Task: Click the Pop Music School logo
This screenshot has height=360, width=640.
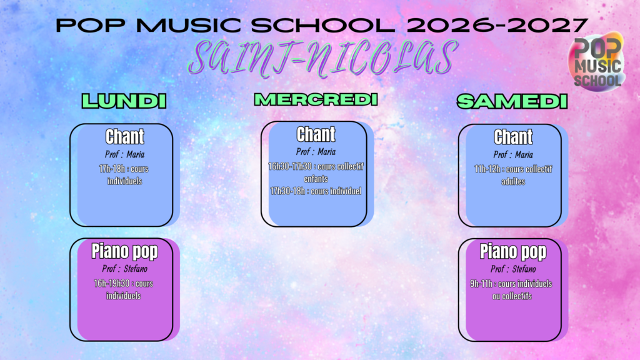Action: pos(596,62)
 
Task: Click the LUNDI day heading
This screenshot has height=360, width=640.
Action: pos(124,101)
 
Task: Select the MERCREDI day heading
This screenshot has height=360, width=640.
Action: pos(316,99)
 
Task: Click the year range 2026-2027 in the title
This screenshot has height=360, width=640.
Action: pos(497,25)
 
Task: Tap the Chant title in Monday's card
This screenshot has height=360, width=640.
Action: pos(124,137)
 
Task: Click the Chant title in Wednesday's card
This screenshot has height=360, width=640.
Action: pos(316,134)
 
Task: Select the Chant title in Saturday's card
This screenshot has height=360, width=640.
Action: pos(513,137)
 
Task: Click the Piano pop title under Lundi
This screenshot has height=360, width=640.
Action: pos(124,251)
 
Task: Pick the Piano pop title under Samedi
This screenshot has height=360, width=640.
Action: pos(513,252)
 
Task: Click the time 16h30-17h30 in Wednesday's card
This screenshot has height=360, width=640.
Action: pos(290,166)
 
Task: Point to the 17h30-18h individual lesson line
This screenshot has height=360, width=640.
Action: pos(316,191)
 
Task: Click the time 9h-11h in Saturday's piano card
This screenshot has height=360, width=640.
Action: pos(481,284)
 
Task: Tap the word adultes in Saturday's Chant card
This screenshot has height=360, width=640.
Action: pos(513,181)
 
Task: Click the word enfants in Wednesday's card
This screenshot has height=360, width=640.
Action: pos(316,179)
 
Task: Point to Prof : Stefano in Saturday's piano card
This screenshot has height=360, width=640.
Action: pos(513,269)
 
